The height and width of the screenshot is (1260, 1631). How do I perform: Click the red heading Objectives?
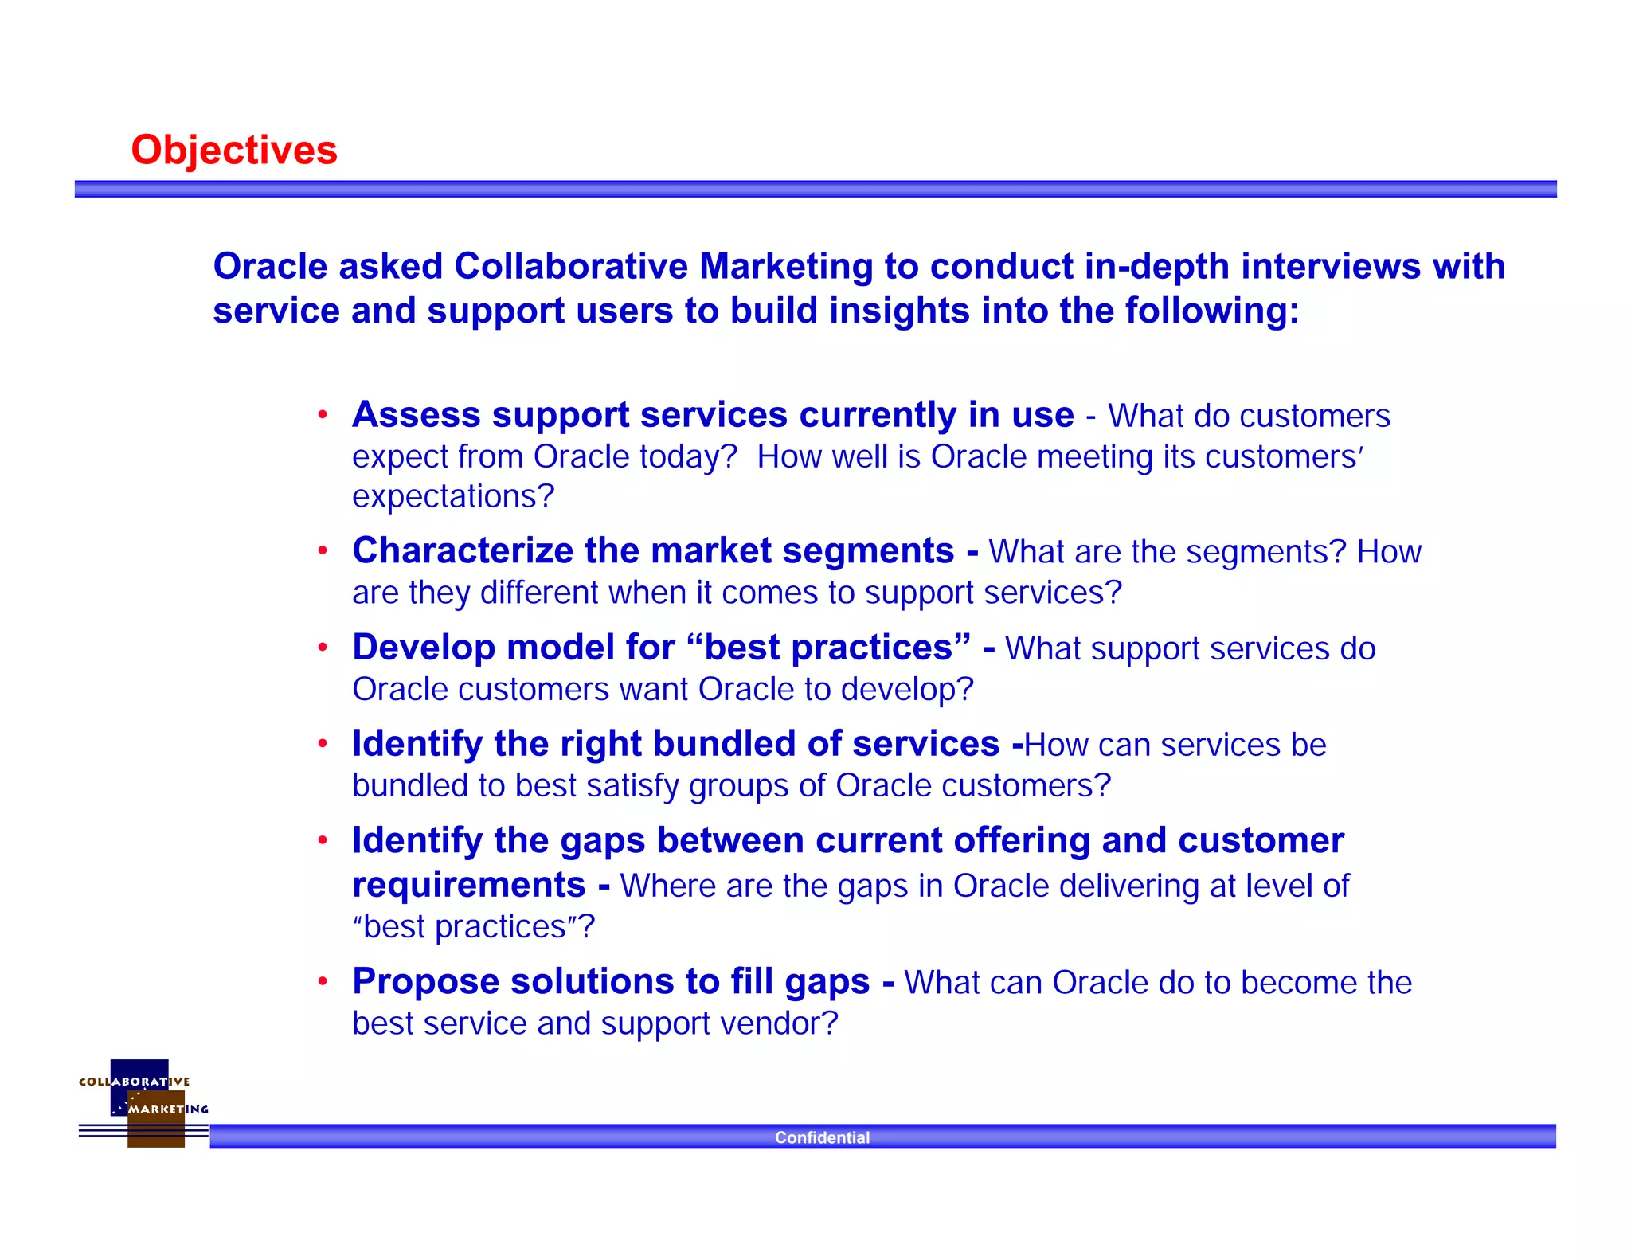[x=234, y=151]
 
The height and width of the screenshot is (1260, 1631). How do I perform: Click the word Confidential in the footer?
[x=822, y=1137]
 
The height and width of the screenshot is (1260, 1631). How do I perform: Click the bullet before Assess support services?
[x=323, y=415]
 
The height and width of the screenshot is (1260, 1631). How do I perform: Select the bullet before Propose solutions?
[x=323, y=981]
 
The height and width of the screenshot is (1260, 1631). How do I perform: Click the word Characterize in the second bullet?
[x=463, y=550]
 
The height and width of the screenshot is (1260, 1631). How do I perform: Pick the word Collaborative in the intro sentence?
[x=570, y=266]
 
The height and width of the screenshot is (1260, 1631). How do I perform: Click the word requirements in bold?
[x=468, y=885]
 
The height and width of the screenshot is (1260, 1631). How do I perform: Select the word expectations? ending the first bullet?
[x=453, y=496]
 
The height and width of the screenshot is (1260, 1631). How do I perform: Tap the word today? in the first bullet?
[x=689, y=457]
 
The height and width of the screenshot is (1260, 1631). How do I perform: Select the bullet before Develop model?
[x=323, y=648]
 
